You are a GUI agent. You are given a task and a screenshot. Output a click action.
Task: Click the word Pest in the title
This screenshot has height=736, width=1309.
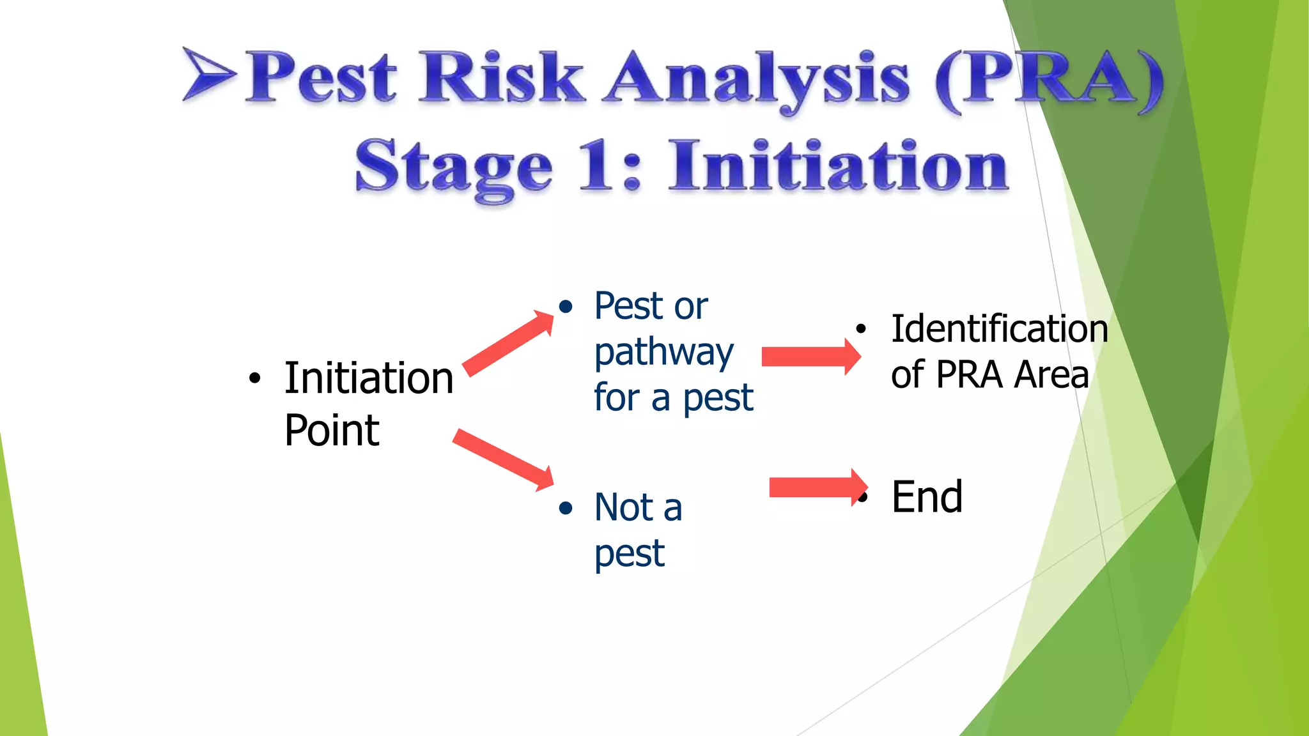point(321,78)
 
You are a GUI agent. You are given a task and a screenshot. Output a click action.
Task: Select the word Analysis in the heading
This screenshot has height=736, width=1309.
point(757,80)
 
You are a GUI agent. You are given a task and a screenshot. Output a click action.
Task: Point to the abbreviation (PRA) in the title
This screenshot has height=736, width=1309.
point(1049,80)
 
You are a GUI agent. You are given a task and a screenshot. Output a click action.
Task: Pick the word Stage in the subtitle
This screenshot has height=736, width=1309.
point(453,168)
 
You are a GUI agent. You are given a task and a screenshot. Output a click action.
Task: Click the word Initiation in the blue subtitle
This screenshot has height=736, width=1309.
point(838,165)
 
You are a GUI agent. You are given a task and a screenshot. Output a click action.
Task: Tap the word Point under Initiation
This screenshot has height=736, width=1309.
point(332,431)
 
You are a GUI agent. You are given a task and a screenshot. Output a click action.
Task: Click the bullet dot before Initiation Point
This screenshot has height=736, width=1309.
point(255,378)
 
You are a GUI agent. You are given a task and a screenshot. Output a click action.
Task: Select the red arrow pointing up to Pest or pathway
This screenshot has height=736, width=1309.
point(509,343)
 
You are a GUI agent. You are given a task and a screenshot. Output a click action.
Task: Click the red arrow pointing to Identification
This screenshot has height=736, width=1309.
point(810,356)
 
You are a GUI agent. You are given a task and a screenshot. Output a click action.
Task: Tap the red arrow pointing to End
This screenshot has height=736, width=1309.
point(817,487)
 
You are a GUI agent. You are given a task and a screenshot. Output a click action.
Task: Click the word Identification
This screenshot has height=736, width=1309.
point(999,329)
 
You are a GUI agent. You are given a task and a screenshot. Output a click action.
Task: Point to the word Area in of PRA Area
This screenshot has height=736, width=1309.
point(1051,374)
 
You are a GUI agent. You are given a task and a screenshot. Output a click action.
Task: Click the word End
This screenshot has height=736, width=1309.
point(927,496)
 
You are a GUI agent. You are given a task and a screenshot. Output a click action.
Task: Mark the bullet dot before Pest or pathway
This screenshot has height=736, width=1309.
point(565,307)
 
